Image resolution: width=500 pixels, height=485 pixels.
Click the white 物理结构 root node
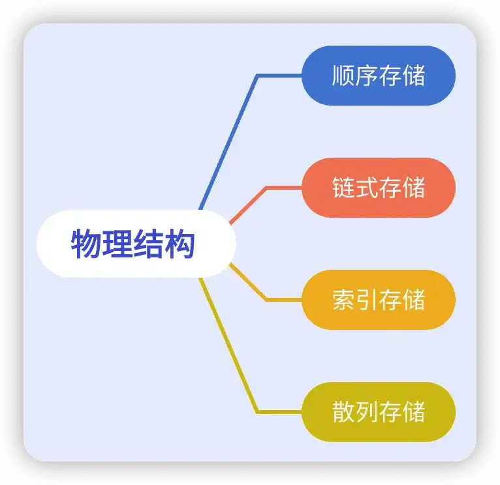136,244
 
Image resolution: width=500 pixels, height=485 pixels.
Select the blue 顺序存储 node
379,76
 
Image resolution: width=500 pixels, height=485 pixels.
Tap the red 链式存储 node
379,188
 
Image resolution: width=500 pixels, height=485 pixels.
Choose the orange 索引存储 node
379,300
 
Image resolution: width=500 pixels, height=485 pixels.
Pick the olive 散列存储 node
379,412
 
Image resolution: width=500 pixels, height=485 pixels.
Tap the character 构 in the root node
180,244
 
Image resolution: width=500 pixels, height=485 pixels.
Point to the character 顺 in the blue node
343,76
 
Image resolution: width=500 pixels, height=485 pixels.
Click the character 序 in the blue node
367,76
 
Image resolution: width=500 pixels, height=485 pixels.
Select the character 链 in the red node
343,188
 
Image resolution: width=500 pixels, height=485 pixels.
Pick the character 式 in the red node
367,188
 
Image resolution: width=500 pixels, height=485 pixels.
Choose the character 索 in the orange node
343,300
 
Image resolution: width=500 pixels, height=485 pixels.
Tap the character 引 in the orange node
367,300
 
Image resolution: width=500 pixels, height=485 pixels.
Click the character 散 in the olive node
343,412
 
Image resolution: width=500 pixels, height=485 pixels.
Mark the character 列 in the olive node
367,412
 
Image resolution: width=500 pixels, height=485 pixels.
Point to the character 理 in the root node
117,244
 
